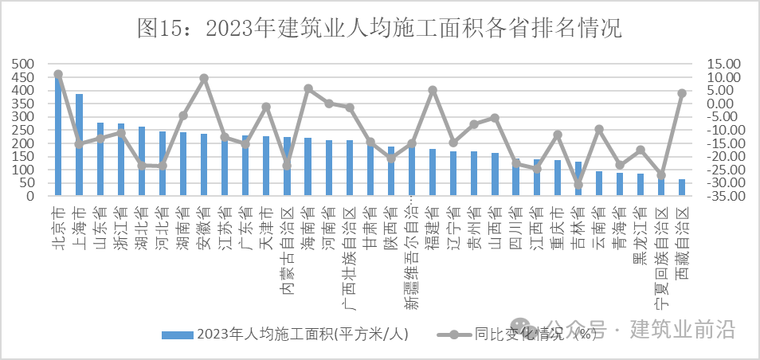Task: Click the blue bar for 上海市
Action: point(79,144)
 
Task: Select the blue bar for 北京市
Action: point(58,135)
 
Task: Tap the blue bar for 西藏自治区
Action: point(681,187)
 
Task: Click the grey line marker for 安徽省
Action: point(204,78)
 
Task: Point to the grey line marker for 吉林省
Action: point(578,185)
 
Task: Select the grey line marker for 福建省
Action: point(433,90)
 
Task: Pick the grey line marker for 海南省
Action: point(308,88)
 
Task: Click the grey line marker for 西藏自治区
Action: point(682,93)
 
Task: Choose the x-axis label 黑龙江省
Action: point(641,232)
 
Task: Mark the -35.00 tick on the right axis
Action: point(723,196)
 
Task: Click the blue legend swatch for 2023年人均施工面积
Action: point(176,335)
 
